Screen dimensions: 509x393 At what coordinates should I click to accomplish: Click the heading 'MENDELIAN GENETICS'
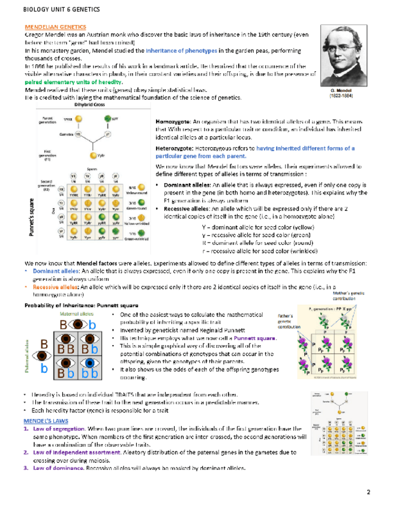(x=55, y=28)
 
